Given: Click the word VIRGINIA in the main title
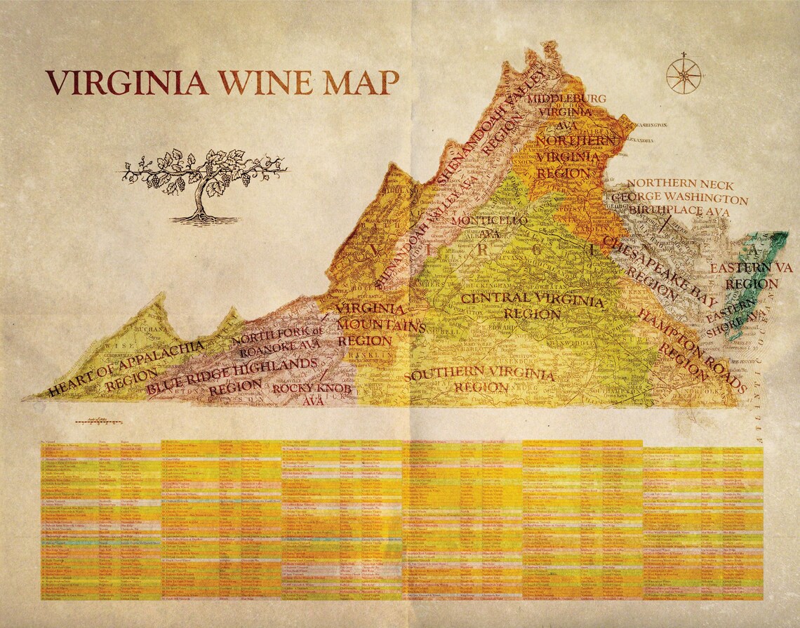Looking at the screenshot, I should [127, 82].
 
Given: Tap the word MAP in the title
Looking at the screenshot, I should [361, 82].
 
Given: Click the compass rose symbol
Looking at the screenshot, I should [683, 74].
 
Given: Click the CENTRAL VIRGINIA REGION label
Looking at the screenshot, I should [531, 305].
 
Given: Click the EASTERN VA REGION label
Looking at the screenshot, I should [751, 276].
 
